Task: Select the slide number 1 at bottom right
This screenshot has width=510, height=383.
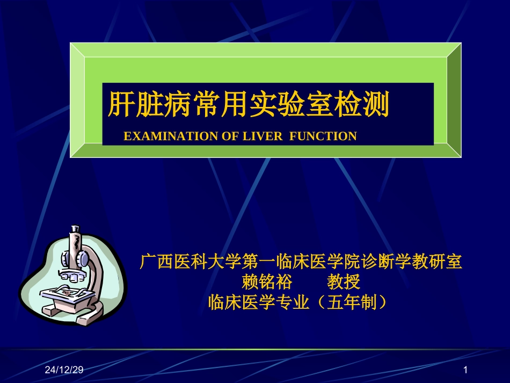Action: coord(465,370)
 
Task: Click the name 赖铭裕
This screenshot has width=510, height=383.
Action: coord(267,282)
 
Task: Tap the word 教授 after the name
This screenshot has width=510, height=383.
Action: coord(344,282)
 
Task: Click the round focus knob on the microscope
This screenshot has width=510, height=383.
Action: coord(83,259)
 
